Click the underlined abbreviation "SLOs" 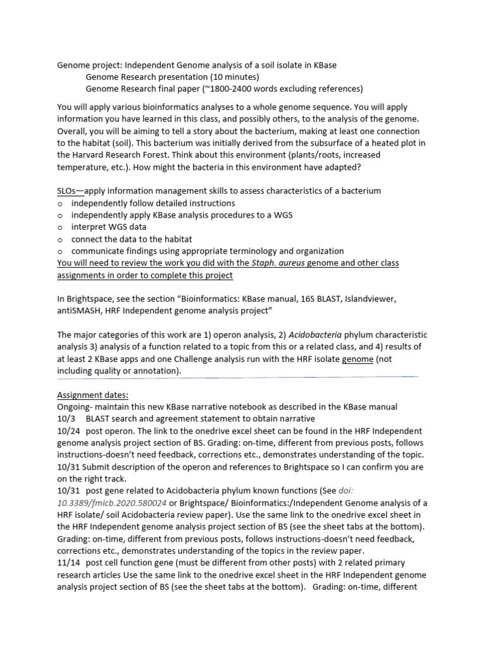(x=68, y=191)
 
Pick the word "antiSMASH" (x=79, y=311)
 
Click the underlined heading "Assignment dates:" (x=92, y=395)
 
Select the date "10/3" (x=66, y=419)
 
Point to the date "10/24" (x=68, y=431)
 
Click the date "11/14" (x=68, y=563)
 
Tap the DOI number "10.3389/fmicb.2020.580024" (x=112, y=503)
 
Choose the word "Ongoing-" (x=76, y=407)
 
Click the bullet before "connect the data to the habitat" (x=60, y=239)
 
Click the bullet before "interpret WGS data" (x=60, y=227)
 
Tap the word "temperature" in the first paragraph (x=83, y=167)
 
